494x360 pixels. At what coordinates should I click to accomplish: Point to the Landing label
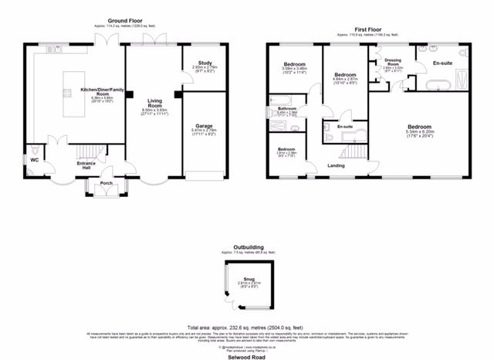coord(336,165)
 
